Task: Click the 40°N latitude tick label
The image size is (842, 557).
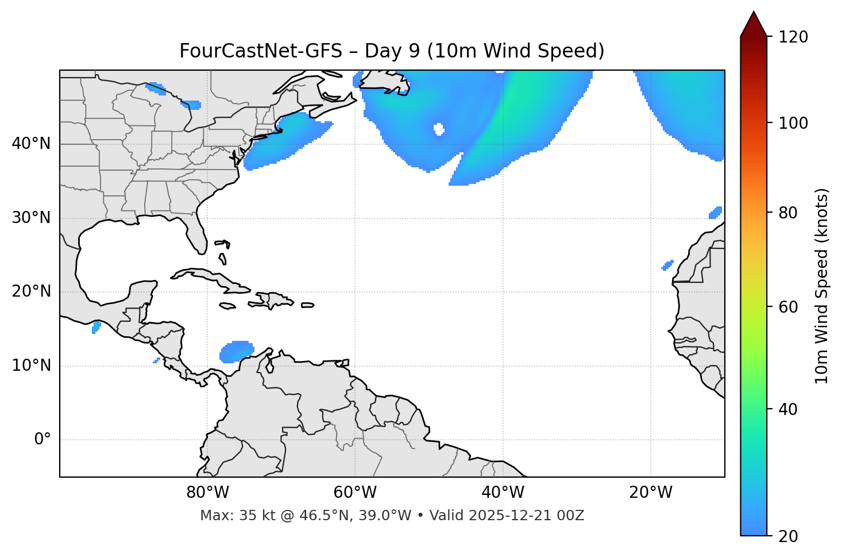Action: click(x=31, y=144)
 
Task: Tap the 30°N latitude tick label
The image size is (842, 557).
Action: click(x=31, y=218)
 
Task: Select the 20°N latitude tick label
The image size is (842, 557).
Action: click(x=31, y=291)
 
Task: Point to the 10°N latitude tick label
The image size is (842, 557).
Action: click(x=31, y=366)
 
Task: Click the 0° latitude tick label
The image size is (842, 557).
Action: click(x=43, y=440)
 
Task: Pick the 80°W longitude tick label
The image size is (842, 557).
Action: click(x=207, y=493)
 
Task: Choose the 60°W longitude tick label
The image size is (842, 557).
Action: click(x=355, y=493)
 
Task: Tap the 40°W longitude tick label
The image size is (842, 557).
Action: click(x=503, y=493)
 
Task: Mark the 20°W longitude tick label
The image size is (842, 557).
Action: click(x=651, y=493)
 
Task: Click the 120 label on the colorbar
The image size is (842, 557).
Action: click(x=793, y=37)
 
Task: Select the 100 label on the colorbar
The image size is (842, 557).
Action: click(x=793, y=123)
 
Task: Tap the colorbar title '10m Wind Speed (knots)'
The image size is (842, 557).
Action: click(x=822, y=286)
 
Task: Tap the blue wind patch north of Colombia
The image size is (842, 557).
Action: click(x=237, y=351)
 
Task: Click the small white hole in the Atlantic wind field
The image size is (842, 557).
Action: click(x=439, y=129)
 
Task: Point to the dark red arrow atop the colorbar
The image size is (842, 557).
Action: click(x=754, y=24)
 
